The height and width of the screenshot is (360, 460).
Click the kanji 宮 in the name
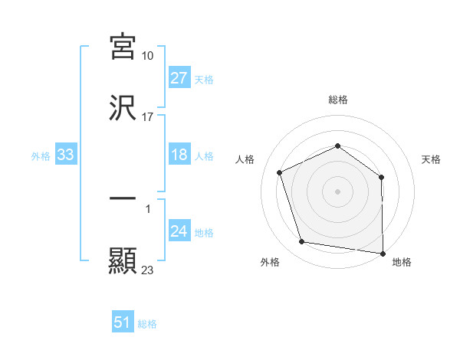[123, 47]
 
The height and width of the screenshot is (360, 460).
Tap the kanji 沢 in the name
[123, 109]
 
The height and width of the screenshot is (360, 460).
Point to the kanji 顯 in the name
[123, 261]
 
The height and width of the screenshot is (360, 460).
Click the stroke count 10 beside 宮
[148, 56]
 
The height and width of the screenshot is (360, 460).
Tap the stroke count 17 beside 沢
[148, 117]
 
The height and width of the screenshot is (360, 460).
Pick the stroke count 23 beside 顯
[148, 270]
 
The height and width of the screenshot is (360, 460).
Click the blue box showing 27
[179, 79]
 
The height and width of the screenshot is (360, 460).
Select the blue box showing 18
[179, 155]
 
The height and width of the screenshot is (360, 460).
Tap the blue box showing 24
[179, 232]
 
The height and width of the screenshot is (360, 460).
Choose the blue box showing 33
[66, 155]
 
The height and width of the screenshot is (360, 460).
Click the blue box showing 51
[123, 323]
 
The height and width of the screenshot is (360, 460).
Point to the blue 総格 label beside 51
[147, 324]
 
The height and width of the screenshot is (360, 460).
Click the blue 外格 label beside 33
[41, 156]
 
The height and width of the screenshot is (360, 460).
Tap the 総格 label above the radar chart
[338, 100]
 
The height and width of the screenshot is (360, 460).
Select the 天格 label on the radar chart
[432, 159]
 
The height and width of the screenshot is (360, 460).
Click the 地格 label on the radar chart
[402, 262]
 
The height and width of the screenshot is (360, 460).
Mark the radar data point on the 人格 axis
[281, 172]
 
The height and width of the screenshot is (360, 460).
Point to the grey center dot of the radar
[338, 191]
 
